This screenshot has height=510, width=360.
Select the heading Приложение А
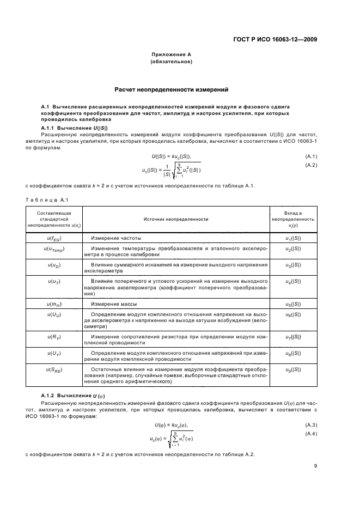tap(172, 55)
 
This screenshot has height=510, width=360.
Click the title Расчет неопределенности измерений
tap(171, 89)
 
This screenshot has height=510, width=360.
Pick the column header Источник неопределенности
tap(168, 218)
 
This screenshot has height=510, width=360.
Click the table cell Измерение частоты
tap(116, 239)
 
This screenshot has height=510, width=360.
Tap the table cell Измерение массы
tap(112, 303)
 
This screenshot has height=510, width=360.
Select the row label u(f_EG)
tap(54, 239)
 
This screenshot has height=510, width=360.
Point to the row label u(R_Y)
tap(54, 338)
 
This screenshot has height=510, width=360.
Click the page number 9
tap(315, 466)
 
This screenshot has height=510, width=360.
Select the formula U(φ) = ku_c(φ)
tap(172, 425)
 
